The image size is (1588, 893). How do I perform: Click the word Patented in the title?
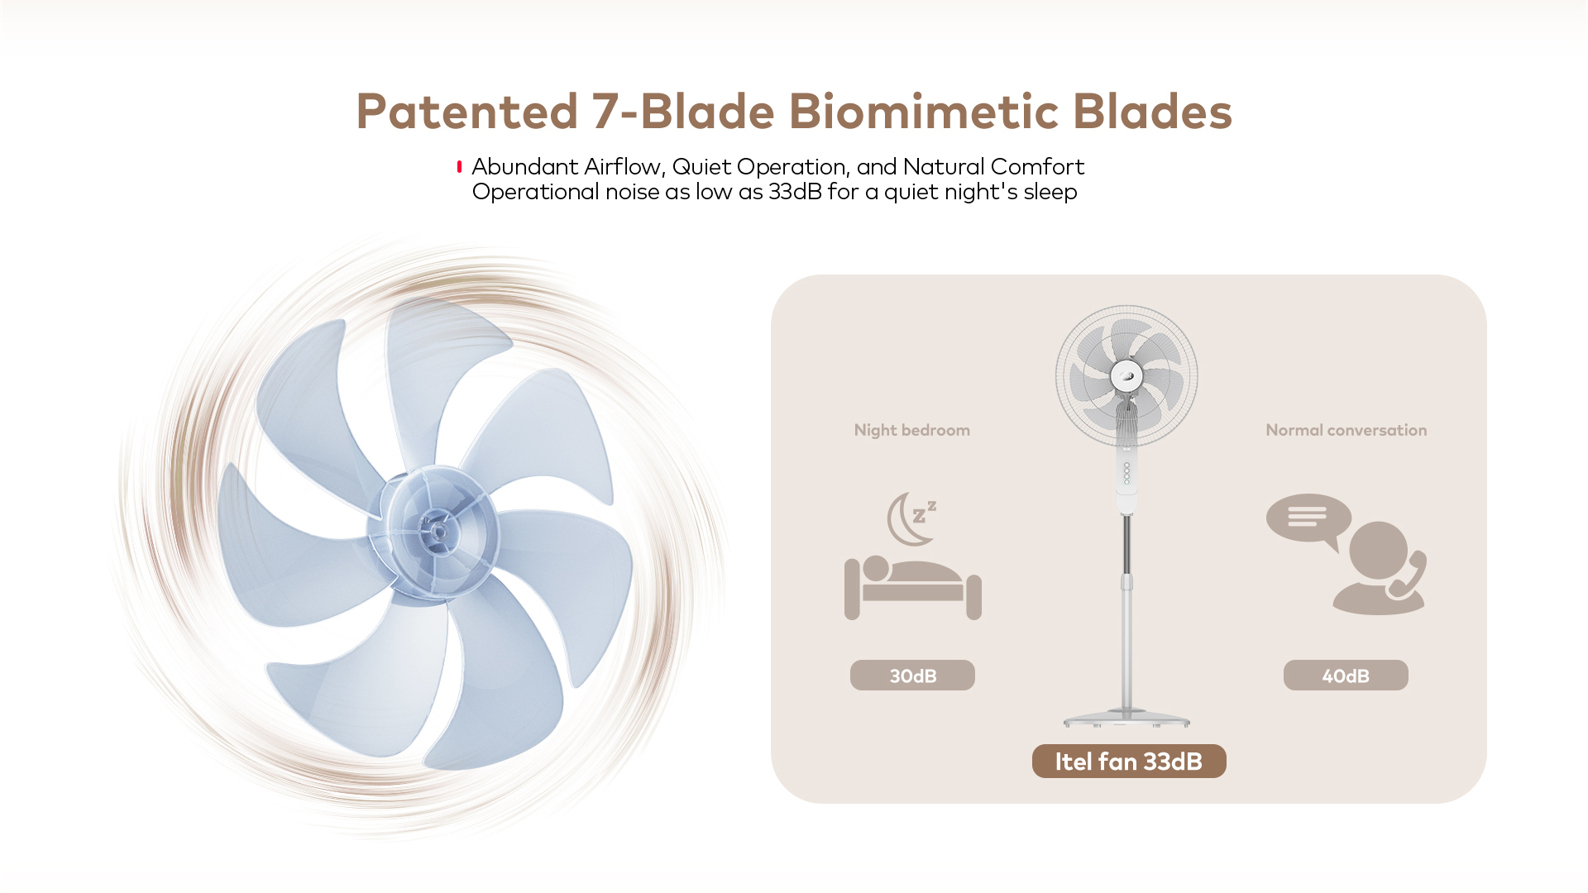click(466, 112)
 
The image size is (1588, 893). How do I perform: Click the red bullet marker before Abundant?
click(459, 167)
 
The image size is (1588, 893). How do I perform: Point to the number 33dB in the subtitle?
click(795, 192)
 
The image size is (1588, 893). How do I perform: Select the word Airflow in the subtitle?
click(624, 167)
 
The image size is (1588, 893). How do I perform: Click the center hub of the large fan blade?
click(438, 529)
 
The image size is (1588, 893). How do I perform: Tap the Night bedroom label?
click(912, 430)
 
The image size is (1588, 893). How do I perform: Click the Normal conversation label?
click(1346, 430)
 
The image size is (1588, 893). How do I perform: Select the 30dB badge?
click(912, 676)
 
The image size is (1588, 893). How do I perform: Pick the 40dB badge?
click(1346, 676)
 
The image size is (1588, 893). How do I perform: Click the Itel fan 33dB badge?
click(1129, 762)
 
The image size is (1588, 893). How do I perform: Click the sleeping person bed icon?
click(913, 589)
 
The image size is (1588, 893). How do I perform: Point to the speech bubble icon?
click(1308, 519)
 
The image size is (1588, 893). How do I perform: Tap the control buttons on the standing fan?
click(1126, 473)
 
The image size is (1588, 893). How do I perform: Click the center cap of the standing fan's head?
click(1126, 376)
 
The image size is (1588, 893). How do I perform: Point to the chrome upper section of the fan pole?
click(1126, 542)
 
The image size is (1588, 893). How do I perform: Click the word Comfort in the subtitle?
click(1037, 167)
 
